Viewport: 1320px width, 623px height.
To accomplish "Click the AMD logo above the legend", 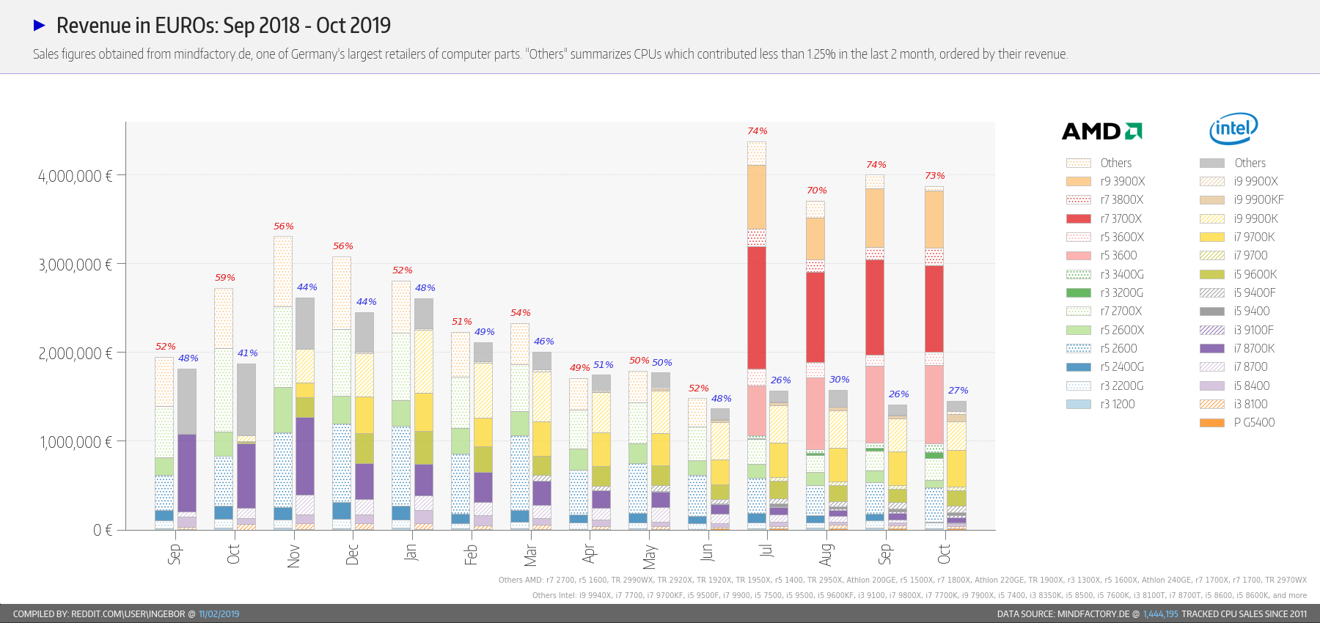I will click(1101, 131).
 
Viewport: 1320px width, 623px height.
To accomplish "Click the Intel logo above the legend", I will click(1233, 128).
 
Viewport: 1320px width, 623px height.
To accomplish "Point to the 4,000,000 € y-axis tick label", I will click(75, 176).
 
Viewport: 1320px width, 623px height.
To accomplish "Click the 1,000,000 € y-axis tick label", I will click(75, 442).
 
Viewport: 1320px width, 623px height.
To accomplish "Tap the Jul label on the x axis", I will click(766, 551).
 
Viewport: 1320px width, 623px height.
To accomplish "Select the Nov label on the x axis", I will click(293, 556).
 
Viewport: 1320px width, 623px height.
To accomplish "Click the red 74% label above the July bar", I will click(758, 131).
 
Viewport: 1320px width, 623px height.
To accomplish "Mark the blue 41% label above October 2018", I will click(248, 353).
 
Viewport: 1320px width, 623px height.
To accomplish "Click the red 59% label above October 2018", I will click(225, 278).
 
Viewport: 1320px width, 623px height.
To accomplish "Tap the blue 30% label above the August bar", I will click(840, 380).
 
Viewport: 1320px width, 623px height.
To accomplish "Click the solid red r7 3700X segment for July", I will click(757, 308).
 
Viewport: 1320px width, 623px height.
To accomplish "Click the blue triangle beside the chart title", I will click(40, 26).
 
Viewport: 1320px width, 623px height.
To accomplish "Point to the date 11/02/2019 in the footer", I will click(219, 614).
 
